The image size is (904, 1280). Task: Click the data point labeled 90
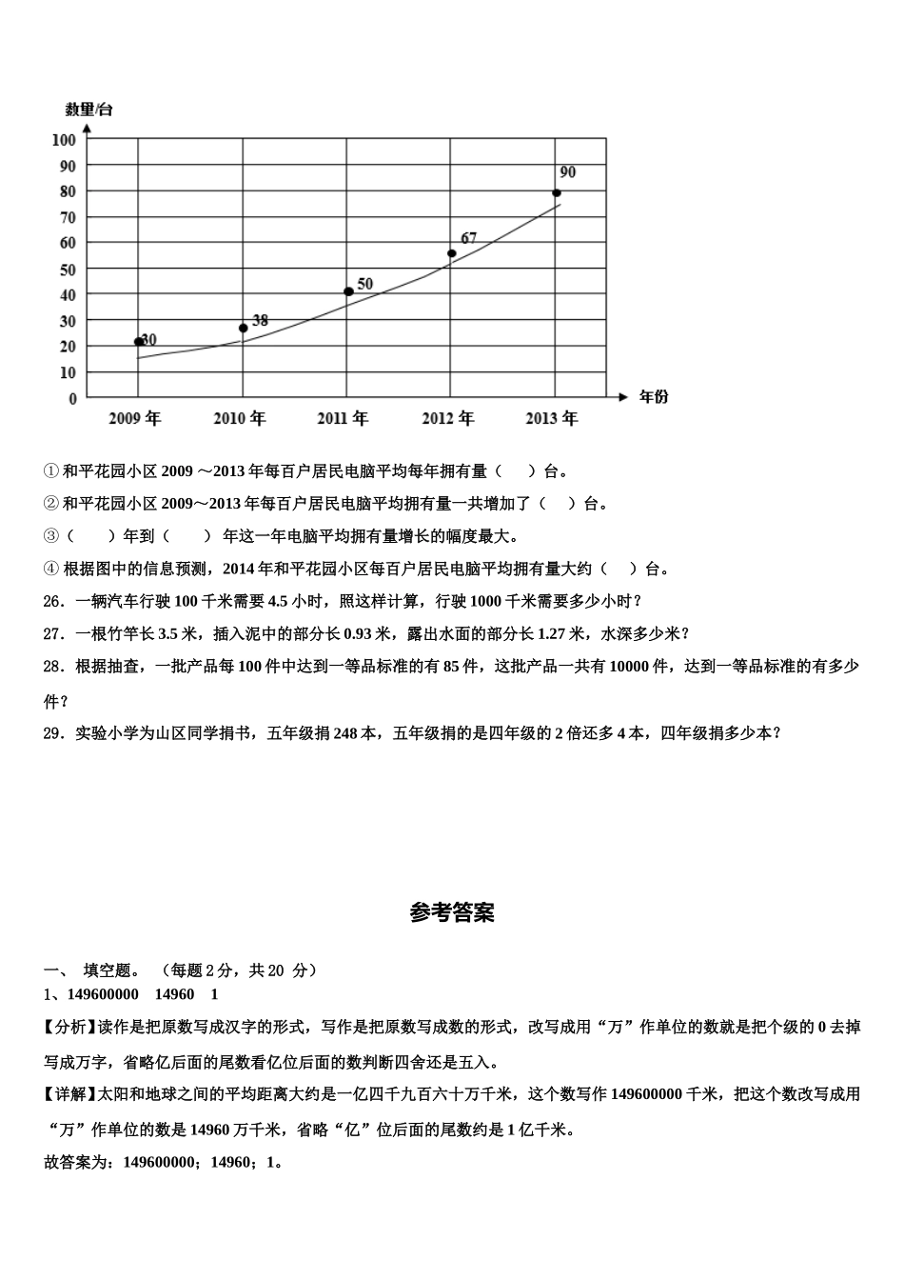[x=557, y=193]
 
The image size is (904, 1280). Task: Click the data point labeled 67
[x=452, y=253]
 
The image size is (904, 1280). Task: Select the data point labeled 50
[x=348, y=291]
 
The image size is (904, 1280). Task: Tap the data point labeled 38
[x=244, y=328]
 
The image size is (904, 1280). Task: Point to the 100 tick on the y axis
[x=64, y=140]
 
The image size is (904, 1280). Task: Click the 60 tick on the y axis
[x=68, y=243]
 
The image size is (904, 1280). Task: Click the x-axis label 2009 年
[x=134, y=418]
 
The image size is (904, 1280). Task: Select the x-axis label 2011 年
[x=343, y=418]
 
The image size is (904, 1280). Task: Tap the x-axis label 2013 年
[x=552, y=418]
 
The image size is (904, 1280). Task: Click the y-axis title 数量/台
[x=88, y=110]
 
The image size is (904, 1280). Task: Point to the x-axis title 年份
[x=654, y=396]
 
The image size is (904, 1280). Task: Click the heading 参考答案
[x=452, y=912]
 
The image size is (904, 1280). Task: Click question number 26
[x=53, y=602]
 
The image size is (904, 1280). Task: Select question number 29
[x=53, y=733]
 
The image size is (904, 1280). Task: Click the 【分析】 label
[x=66, y=1027]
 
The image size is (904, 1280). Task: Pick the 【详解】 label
[x=66, y=1094]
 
